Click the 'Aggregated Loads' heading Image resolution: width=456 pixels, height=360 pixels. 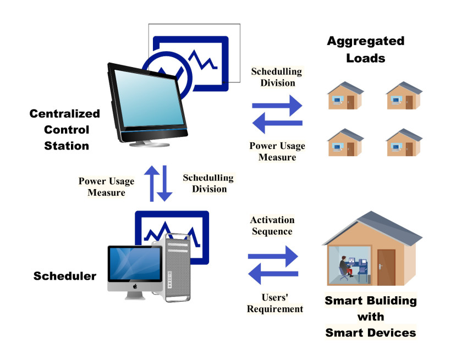pyautogui.click(x=365, y=49)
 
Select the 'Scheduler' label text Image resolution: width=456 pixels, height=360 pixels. pyautogui.click(x=65, y=276)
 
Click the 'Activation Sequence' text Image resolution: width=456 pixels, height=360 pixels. pyautogui.click(x=272, y=225)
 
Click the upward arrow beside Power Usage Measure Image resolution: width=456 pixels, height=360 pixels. pyautogui.click(x=152, y=182)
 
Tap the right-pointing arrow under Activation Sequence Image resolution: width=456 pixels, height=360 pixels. pyautogui.click(x=274, y=256)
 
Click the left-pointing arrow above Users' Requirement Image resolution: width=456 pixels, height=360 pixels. pyautogui.click(x=273, y=273)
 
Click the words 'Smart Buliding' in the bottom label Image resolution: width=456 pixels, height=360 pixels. pyautogui.click(x=371, y=301)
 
